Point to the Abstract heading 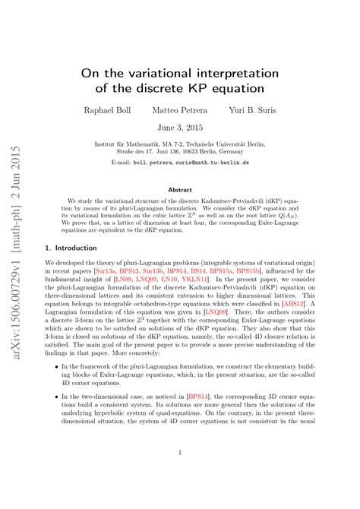tap(180, 190)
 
